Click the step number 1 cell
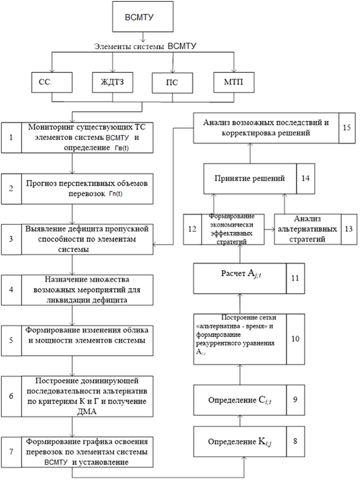click(x=12, y=138)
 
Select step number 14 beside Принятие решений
click(x=305, y=178)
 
